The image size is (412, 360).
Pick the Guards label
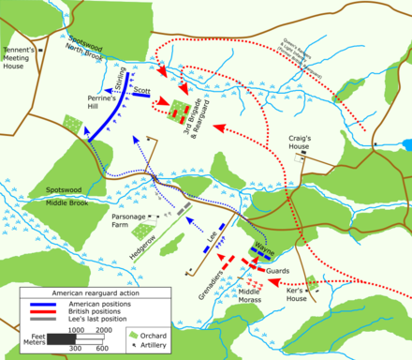tap(278, 271)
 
